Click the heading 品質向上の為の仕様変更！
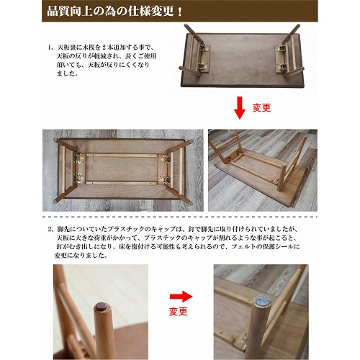pos(114,12)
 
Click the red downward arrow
pos(240,108)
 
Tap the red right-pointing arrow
pos(181,297)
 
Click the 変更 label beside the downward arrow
pos(261,108)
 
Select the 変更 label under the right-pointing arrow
pos(179,312)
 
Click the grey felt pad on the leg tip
pos(262,300)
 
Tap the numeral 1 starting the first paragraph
pos(50,48)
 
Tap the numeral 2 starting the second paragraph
pos(50,229)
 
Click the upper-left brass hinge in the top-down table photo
pos(78,158)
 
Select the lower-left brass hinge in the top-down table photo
pos(78,179)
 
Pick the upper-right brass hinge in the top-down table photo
pos(166,159)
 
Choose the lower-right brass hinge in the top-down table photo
pos(166,180)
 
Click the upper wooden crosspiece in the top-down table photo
pos(122,156)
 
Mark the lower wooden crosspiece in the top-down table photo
pos(122,183)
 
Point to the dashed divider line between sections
pos(180,217)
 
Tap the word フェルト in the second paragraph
pos(240,246)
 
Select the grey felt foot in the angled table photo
pos(284,165)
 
